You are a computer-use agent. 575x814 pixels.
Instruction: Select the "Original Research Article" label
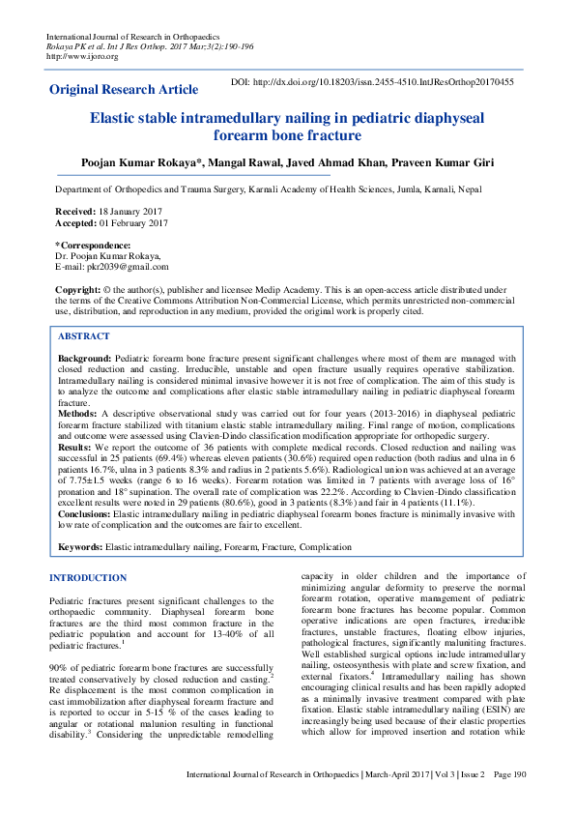[x=124, y=90]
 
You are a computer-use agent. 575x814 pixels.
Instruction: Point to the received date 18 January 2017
[x=132, y=210]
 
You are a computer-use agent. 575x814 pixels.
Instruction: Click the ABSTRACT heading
[x=84, y=336]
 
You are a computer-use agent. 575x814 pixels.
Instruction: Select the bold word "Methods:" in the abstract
[x=77, y=412]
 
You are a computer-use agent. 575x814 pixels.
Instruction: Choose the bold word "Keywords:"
[x=80, y=547]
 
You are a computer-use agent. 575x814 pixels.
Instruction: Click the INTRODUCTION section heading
[x=88, y=578]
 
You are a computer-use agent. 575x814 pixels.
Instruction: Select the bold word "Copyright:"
[x=78, y=290]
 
